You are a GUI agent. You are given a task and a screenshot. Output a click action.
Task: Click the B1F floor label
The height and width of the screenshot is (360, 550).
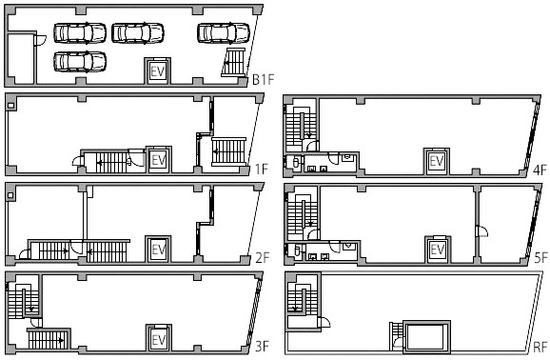(x=263, y=80)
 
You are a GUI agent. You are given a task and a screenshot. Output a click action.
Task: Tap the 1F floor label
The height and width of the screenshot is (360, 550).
(x=262, y=170)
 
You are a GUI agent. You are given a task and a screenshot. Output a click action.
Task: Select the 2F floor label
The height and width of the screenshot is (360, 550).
(x=262, y=258)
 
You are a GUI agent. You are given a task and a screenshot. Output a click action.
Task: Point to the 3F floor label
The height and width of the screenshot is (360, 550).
(x=262, y=347)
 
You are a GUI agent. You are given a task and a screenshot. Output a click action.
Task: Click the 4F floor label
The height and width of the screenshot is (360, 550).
(x=540, y=170)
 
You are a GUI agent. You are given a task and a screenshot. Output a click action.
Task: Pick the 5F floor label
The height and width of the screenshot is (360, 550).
(x=540, y=258)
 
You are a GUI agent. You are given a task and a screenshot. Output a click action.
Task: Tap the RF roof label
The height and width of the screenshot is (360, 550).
(x=540, y=348)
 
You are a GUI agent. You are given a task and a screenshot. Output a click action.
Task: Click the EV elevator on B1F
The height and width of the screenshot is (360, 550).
(x=158, y=71)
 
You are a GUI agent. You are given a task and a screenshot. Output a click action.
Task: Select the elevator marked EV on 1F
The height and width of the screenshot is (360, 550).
(x=159, y=160)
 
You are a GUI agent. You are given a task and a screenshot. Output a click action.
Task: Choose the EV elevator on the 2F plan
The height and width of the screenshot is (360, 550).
(x=159, y=249)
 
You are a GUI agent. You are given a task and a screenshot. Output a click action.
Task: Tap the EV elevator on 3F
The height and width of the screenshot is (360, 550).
(x=159, y=338)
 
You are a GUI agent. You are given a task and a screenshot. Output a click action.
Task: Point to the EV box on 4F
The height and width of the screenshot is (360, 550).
(x=437, y=161)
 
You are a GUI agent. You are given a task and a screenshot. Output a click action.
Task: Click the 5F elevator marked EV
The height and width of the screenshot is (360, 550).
(x=438, y=250)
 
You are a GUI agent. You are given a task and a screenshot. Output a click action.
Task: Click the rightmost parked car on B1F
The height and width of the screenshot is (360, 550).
(x=224, y=33)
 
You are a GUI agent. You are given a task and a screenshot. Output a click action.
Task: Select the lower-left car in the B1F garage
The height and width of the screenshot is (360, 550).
(x=80, y=62)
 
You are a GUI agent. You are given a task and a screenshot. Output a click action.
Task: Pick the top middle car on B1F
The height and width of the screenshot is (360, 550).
(x=138, y=33)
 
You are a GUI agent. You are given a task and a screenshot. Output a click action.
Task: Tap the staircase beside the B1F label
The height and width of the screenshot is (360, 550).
(x=234, y=63)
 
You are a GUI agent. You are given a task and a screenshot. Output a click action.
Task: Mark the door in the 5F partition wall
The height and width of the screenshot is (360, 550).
(x=481, y=230)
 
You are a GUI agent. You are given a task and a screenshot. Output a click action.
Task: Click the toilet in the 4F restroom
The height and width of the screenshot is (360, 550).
(x=296, y=162)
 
